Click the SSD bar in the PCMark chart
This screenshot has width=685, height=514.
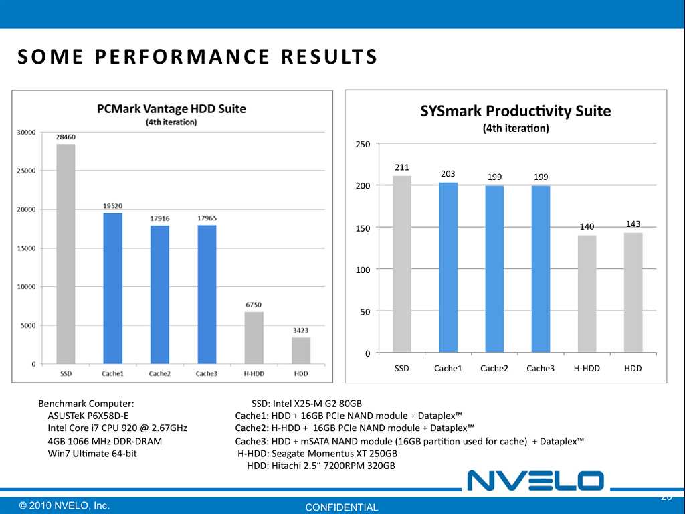click(66, 254)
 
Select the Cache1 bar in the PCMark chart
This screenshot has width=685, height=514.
click(112, 288)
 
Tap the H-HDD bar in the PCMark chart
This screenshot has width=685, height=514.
click(254, 338)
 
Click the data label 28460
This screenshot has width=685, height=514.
click(65, 136)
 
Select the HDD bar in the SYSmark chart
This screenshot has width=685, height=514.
click(633, 292)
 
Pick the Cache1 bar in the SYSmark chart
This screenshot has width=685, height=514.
click(448, 268)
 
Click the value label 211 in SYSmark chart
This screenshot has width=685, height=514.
click(402, 167)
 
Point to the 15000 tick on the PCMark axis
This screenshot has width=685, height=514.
click(27, 248)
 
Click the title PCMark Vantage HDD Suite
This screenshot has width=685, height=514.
click(172, 108)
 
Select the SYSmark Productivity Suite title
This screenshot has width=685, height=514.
click(515, 111)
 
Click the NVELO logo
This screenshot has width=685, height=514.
click(535, 480)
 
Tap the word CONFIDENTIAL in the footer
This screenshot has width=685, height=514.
click(342, 507)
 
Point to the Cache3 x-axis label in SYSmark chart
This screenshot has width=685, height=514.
click(541, 369)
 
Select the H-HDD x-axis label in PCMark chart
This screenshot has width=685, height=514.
click(253, 373)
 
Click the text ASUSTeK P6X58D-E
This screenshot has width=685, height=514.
click(88, 416)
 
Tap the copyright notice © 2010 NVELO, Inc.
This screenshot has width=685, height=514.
click(64, 505)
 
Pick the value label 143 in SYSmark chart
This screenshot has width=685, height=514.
click(633, 224)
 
